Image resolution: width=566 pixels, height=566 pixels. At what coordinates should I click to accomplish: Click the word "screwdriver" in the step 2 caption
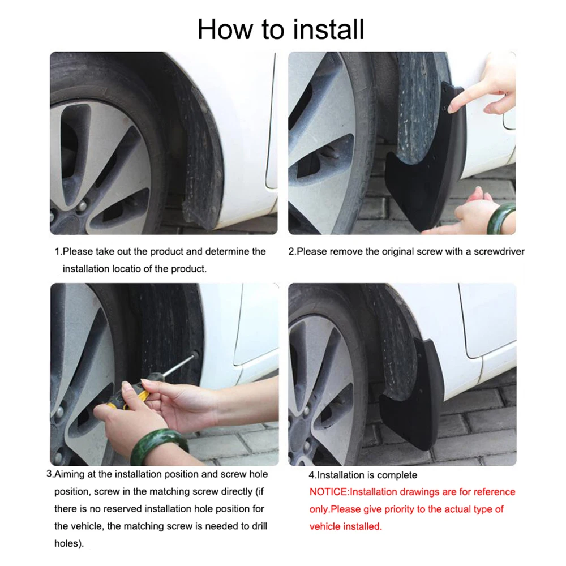pyautogui.click(x=495, y=251)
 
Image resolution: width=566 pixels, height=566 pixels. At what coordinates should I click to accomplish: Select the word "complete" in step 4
pyautogui.click(x=398, y=475)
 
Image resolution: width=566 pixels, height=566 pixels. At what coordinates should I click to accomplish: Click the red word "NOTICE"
pyautogui.click(x=327, y=492)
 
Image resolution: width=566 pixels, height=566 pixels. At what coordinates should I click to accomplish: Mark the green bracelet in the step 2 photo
pyautogui.click(x=501, y=218)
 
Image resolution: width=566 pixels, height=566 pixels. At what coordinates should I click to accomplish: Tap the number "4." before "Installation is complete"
pyautogui.click(x=312, y=475)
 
